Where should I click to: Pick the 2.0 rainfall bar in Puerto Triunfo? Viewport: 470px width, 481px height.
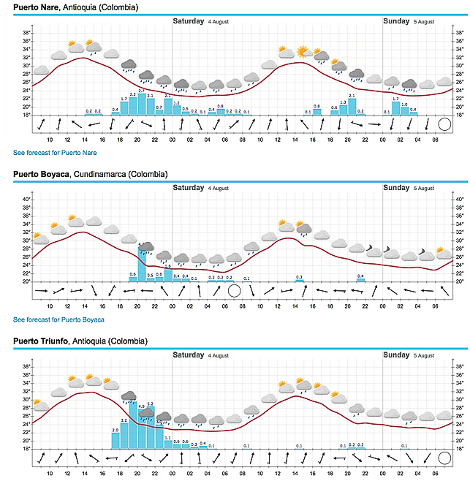click(x=115, y=439)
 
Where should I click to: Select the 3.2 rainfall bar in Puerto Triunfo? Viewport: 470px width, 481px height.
click(x=124, y=435)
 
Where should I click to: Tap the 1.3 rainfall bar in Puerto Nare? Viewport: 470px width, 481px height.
click(x=344, y=110)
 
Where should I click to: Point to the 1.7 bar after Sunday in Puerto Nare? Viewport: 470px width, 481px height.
click(x=396, y=108)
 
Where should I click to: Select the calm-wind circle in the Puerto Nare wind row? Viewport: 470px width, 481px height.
click(x=444, y=124)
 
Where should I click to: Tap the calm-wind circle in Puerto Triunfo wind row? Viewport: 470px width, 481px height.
click(x=444, y=458)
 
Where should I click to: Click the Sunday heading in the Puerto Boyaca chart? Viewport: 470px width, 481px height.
click(x=397, y=188)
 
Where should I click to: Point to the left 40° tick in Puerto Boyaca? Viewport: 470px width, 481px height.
click(x=25, y=200)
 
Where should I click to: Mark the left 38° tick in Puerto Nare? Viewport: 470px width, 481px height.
click(x=26, y=33)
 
